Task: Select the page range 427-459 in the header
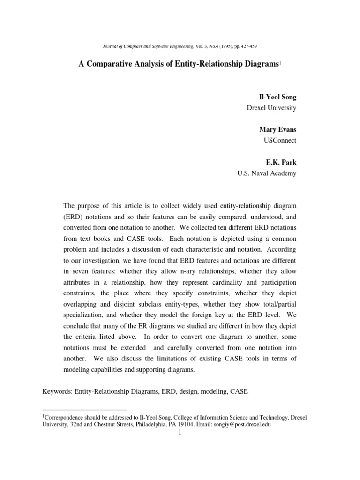pyautogui.click(x=247, y=46)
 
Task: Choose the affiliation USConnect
pyautogui.click(x=280, y=140)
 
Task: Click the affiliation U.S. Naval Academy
pyautogui.click(x=267, y=173)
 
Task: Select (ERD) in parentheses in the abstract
pyautogui.click(x=74, y=217)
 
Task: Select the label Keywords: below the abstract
pyautogui.click(x=57, y=391)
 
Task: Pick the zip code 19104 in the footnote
pyautogui.click(x=190, y=425)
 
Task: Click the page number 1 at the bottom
pyautogui.click(x=180, y=433)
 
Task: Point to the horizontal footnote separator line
pyautogui.click(x=85, y=410)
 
